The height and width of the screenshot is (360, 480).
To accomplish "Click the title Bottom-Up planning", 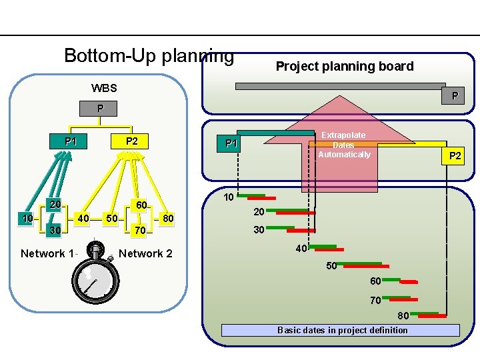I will point(149,55).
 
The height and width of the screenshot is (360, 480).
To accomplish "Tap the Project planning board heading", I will point(345,66).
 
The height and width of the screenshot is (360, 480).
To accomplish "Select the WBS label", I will point(104,87).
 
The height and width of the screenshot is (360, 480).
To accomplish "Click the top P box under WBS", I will point(99,108).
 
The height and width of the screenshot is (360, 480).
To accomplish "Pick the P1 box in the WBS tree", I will point(71,141).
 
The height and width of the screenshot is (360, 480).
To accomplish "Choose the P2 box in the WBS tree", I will point(131,141).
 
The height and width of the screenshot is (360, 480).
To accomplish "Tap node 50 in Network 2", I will point(113,219).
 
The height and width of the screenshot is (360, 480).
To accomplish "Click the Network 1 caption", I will point(48,253).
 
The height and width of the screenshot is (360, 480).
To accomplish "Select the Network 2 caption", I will point(145,253).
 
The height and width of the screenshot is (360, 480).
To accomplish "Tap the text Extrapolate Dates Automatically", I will point(343,145).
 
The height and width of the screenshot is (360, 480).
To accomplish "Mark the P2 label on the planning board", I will point(455,156).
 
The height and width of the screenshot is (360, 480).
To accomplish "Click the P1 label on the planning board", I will point(231,143).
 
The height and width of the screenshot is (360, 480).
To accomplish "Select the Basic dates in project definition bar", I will point(341,330).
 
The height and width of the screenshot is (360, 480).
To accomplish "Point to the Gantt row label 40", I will point(301,249).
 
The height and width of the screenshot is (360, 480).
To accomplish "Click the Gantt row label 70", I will point(376,301).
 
